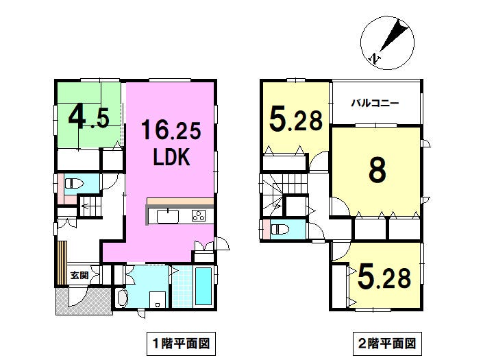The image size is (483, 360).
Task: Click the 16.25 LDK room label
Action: pos(171,143)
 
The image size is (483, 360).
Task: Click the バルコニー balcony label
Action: pos(375,103)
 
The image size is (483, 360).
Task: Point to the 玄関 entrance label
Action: pos(79,275)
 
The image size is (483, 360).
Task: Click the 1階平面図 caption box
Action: pos(181,344)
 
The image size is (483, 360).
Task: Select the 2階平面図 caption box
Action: pos(387,344)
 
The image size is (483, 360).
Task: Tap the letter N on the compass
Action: pos(374,58)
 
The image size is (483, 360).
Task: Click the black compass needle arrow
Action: pos(395,36)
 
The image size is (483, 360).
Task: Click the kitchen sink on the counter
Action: pos(168,217)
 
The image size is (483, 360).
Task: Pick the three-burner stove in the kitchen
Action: pos(199,216)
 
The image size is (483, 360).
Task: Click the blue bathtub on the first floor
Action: pos(203,287)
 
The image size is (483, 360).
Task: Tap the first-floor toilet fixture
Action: pos(74,184)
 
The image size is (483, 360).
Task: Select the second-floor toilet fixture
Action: pos(280,229)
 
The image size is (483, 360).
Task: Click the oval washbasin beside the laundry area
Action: pos(123,298)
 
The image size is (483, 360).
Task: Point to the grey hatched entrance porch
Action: pos(84,301)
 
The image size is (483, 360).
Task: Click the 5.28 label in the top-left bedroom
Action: pos(296,120)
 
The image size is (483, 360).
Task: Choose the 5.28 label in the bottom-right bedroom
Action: pos(384,278)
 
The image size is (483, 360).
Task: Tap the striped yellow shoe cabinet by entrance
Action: pos(62,263)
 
